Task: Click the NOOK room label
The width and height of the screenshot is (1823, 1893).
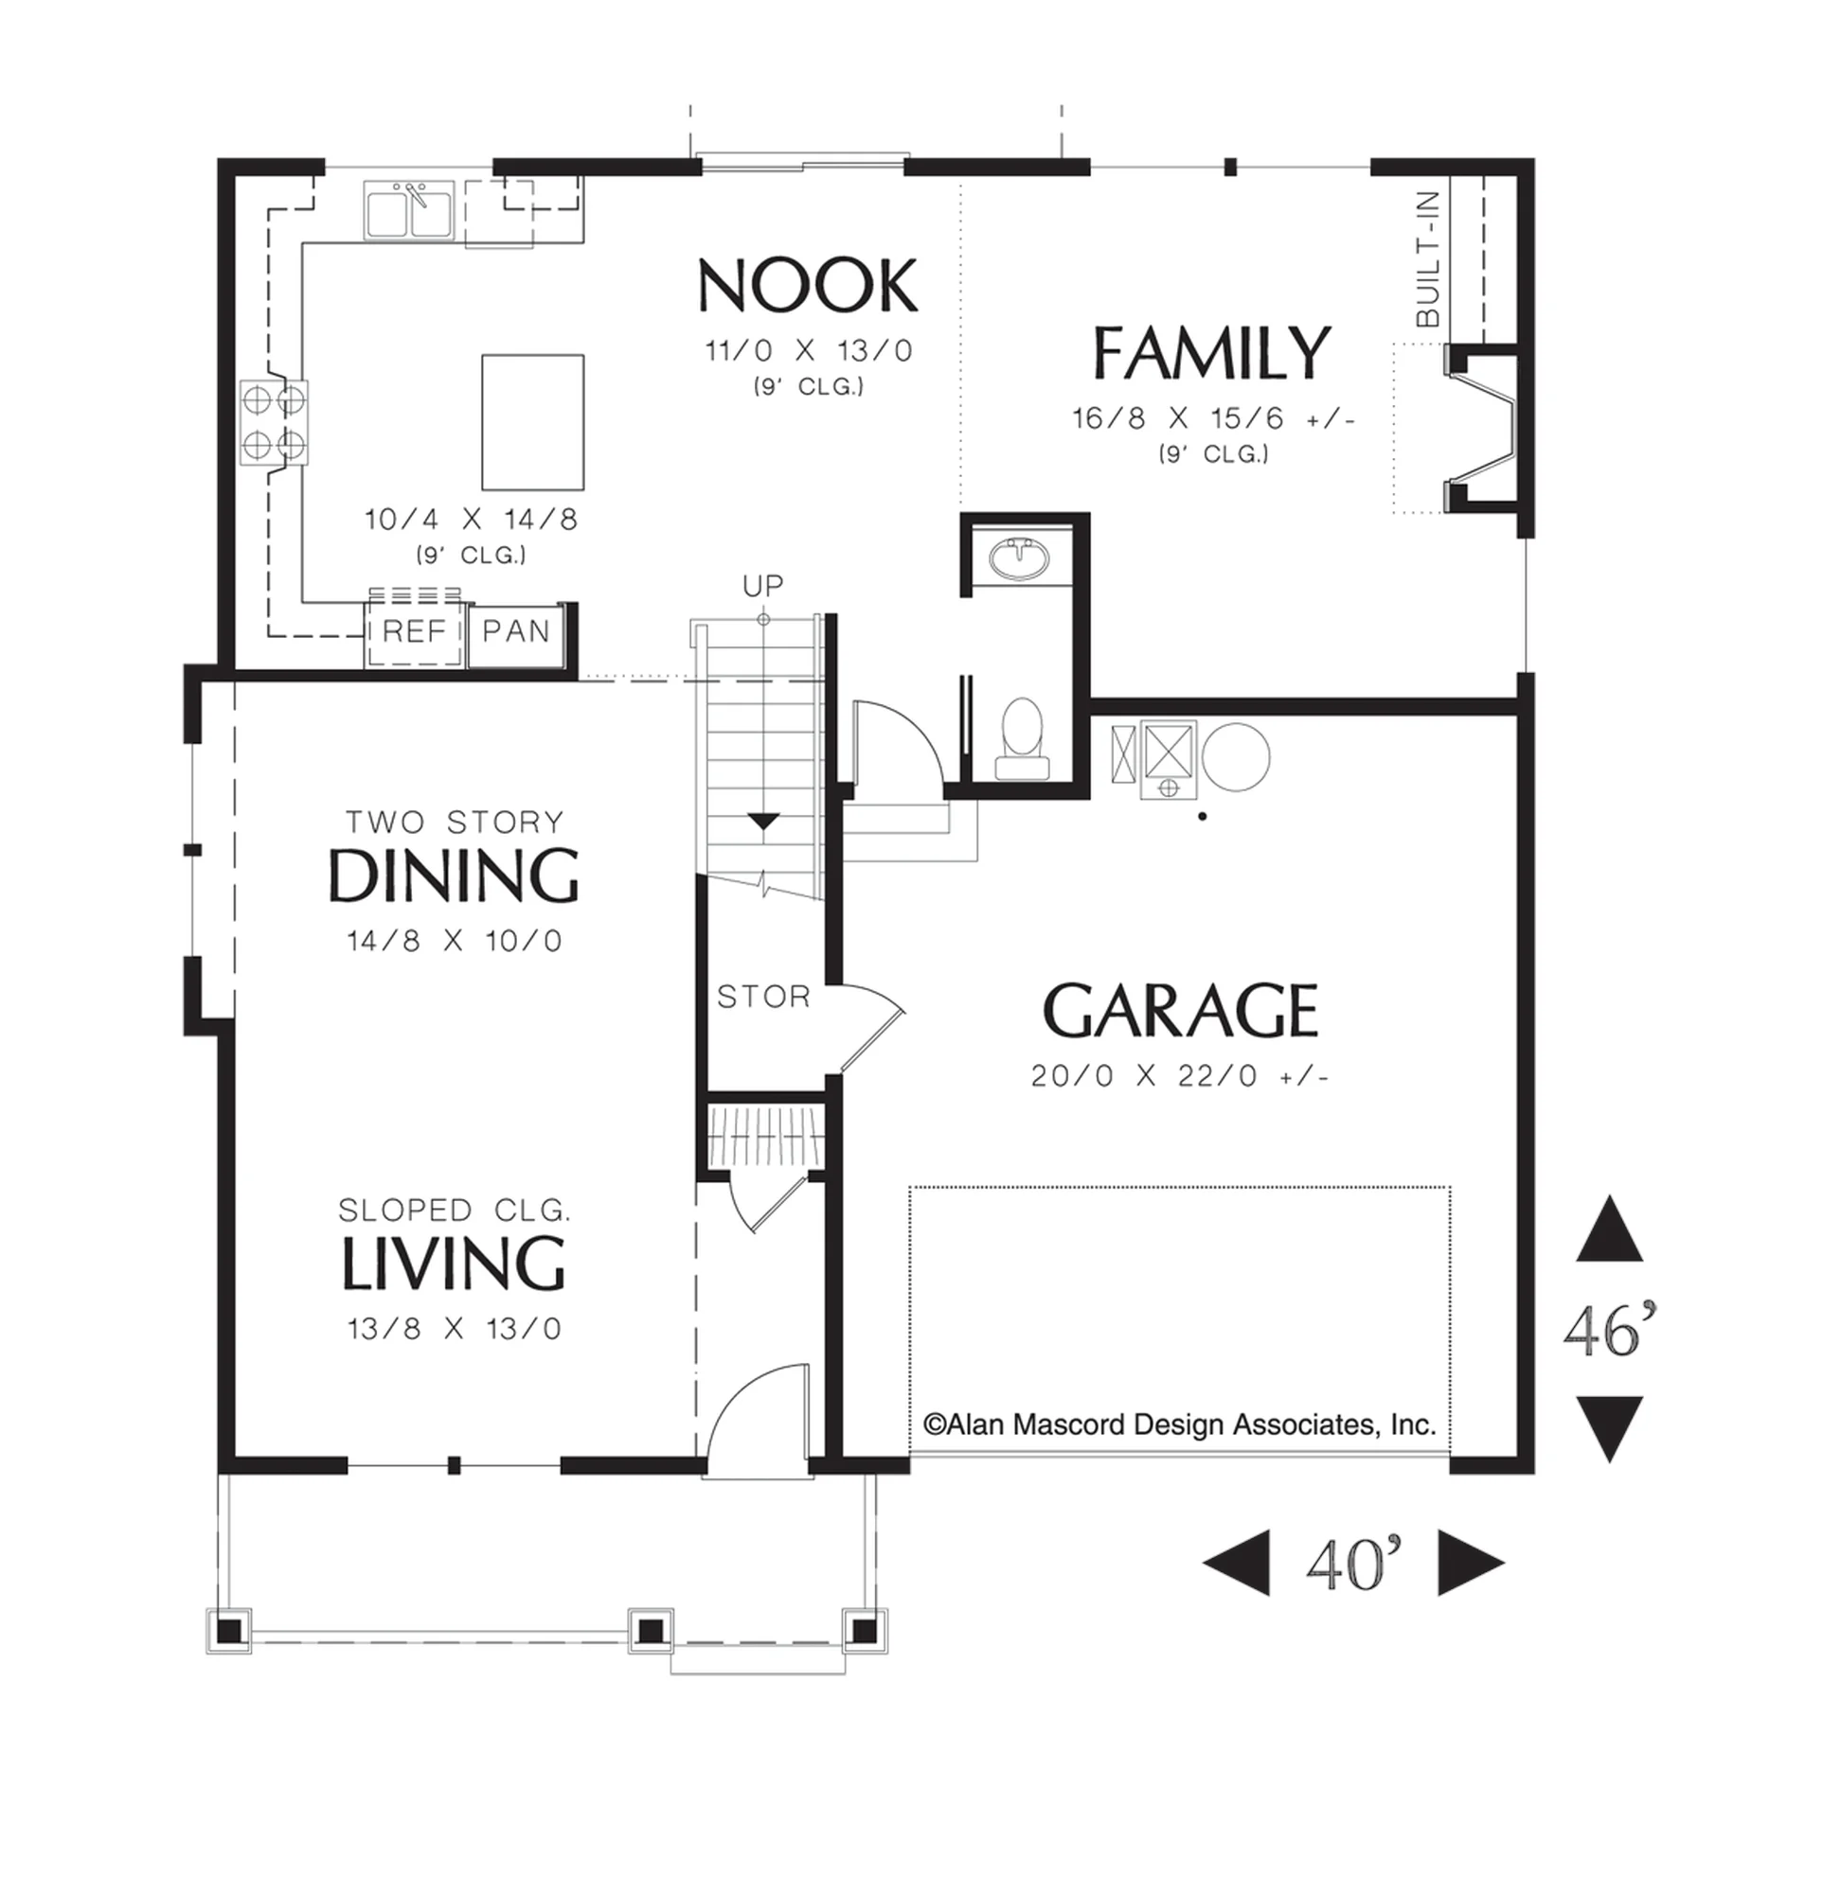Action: (x=807, y=286)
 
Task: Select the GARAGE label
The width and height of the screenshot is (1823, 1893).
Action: (x=1180, y=1010)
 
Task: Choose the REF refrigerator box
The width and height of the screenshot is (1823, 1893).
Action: (x=415, y=631)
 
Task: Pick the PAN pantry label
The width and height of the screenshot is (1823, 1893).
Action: (x=516, y=631)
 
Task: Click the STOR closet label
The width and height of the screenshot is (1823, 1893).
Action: (x=763, y=996)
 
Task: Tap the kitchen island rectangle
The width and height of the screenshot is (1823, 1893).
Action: (x=533, y=422)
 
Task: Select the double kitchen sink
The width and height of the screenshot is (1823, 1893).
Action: (x=410, y=209)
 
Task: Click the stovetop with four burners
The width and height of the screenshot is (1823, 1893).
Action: (x=275, y=423)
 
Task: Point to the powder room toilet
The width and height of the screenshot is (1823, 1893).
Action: (x=1022, y=739)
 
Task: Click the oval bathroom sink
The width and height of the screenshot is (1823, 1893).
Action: (x=1017, y=558)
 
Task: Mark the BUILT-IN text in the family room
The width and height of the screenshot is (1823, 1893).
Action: (x=1428, y=258)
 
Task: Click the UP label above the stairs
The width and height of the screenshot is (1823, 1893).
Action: (x=763, y=585)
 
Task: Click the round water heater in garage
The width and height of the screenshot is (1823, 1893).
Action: (x=1236, y=757)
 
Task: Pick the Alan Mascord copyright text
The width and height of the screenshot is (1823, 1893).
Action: (x=1180, y=1424)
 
